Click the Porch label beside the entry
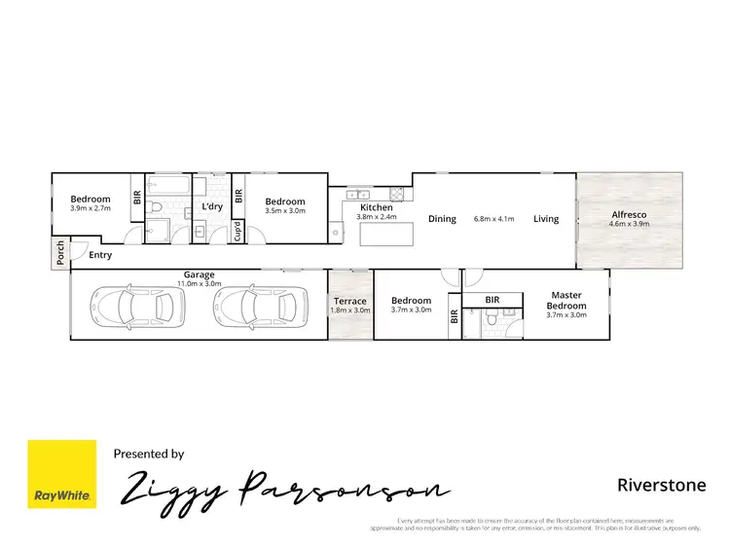(x=60, y=252)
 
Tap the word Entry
(x=100, y=255)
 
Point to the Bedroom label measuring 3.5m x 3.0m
(x=285, y=201)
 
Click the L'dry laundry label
(x=212, y=206)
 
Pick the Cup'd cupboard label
(x=237, y=232)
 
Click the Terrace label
(x=351, y=302)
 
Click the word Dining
(x=442, y=219)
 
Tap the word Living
(x=546, y=219)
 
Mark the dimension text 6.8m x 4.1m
(x=493, y=219)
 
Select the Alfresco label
(x=630, y=214)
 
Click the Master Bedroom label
(x=566, y=301)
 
